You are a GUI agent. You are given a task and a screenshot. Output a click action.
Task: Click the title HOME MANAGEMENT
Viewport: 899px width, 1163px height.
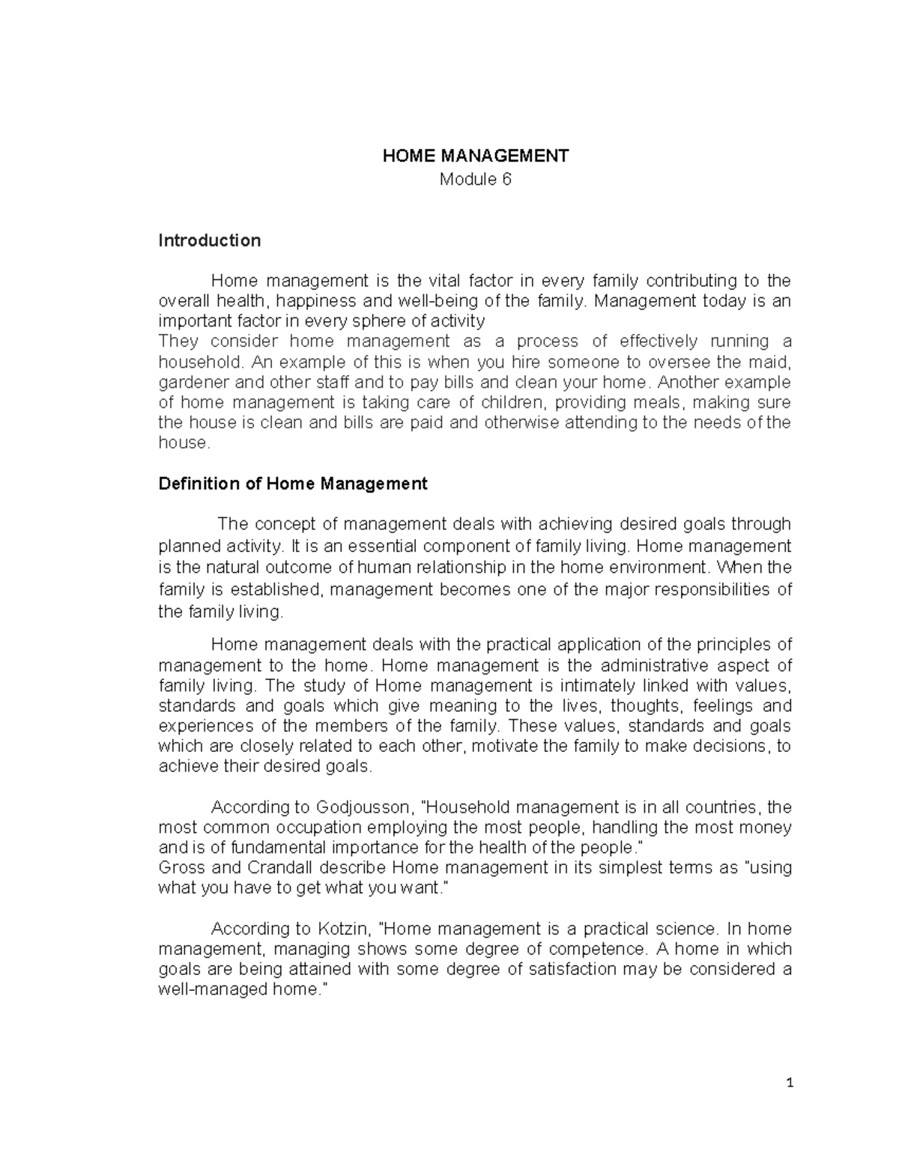coord(475,156)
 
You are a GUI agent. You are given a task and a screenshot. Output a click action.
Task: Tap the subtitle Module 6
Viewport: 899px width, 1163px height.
coord(475,180)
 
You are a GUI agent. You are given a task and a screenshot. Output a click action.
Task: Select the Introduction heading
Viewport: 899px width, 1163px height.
coord(210,240)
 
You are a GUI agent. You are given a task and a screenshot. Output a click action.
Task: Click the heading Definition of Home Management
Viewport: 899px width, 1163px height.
coord(293,484)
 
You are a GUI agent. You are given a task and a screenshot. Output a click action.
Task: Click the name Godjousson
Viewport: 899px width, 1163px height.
coord(364,807)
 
